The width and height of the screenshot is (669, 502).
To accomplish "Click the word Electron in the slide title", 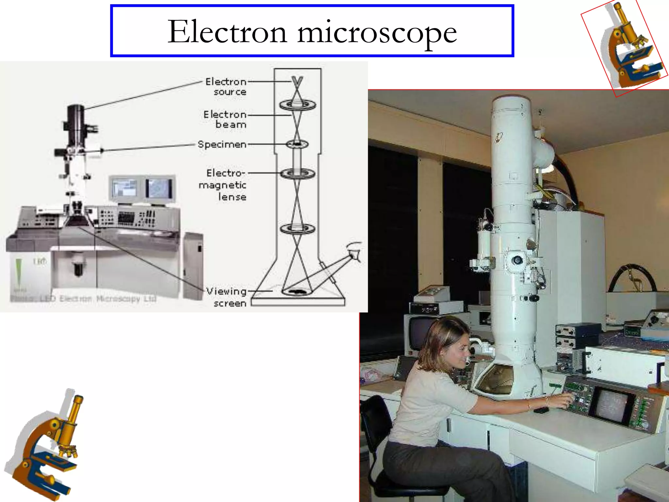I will pos(227,32).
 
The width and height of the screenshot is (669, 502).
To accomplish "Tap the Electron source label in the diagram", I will pos(226,87).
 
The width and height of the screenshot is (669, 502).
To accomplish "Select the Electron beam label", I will pos(225,119).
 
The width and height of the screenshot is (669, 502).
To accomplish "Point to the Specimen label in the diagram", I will pos(222,144).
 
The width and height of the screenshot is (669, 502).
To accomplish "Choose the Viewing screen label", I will pos(227,297).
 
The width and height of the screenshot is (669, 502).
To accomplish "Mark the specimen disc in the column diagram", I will pos(297,144).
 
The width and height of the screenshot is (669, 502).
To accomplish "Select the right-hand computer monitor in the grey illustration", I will pos(159,189).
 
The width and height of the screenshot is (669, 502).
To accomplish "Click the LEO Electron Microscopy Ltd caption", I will pos(83,298).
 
